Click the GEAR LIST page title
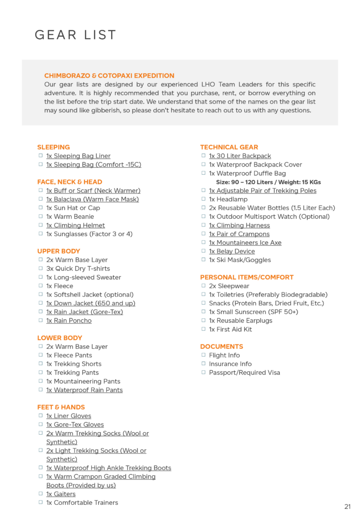(x=75, y=35)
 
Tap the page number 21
(x=347, y=506)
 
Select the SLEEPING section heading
(x=53, y=147)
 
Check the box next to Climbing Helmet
(x=41, y=225)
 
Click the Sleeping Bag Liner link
(x=78, y=156)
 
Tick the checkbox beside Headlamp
(x=204, y=199)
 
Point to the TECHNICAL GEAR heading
(x=229, y=147)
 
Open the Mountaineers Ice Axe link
(x=245, y=243)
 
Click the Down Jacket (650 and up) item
(x=91, y=303)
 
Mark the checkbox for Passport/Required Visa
(x=204, y=372)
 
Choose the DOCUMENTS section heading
(x=221, y=346)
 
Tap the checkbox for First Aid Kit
(x=204, y=329)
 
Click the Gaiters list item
(x=61, y=494)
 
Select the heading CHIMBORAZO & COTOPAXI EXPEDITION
(x=109, y=76)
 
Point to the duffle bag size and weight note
(x=268, y=182)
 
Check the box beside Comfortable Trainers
(x=41, y=502)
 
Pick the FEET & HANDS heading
(x=61, y=407)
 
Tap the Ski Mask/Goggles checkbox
(x=204, y=259)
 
